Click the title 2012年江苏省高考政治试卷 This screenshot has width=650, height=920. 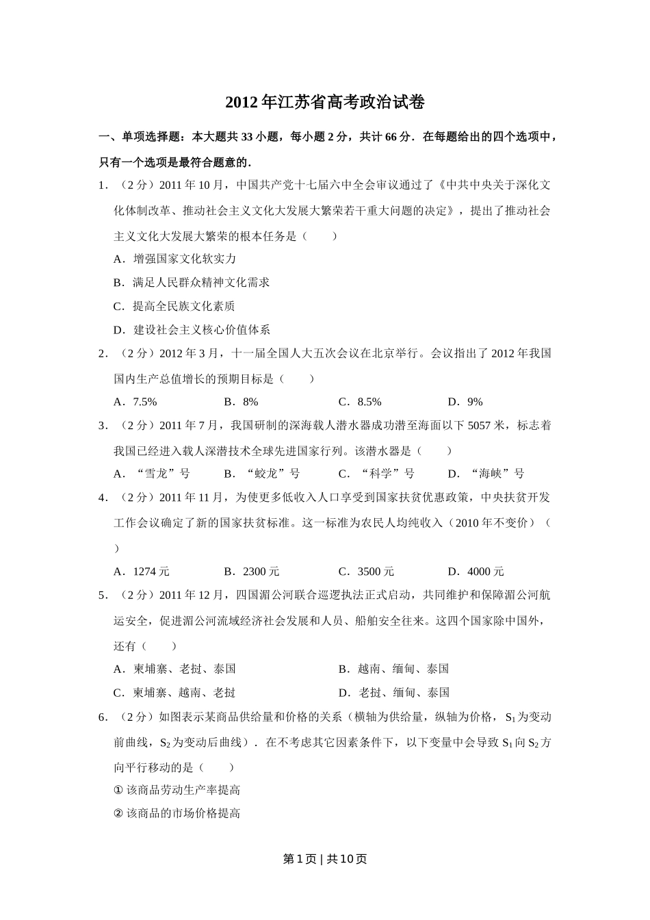325,103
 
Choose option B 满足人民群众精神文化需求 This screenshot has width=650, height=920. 192,282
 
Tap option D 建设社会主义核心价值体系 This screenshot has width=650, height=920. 192,329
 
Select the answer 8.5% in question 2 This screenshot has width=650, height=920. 360,402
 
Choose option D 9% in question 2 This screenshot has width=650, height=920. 465,402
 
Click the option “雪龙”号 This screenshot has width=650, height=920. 152,474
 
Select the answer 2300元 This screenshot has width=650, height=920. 252,572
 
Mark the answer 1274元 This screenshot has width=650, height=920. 142,572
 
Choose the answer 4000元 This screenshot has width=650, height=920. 476,572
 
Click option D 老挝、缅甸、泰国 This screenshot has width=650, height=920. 394,693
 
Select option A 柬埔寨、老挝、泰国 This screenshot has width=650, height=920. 174,669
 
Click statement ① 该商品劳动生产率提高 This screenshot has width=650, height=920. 177,790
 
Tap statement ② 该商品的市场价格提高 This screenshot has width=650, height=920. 177,813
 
